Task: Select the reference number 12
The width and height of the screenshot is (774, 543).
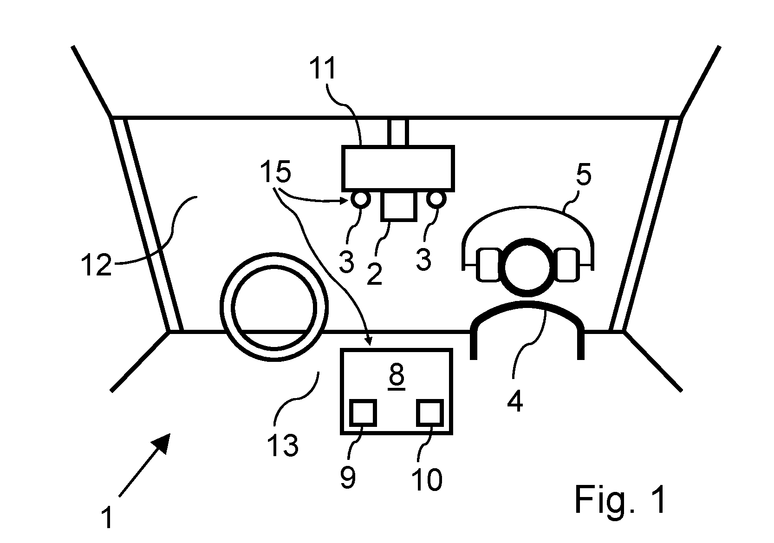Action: coord(97,265)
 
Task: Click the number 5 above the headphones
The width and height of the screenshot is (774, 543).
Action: coord(584,175)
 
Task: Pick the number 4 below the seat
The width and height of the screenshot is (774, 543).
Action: coord(515,401)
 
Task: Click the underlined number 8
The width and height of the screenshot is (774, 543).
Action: coord(397,376)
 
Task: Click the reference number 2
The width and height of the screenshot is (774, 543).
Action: coord(375,274)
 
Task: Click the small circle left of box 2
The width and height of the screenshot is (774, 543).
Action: coord(361,199)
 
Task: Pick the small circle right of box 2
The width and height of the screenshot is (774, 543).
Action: coord(436,199)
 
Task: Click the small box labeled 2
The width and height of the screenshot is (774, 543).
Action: coord(398,206)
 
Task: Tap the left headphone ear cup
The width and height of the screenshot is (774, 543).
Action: coord(489,264)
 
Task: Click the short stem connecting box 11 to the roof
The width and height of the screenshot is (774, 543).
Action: coord(398,132)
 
